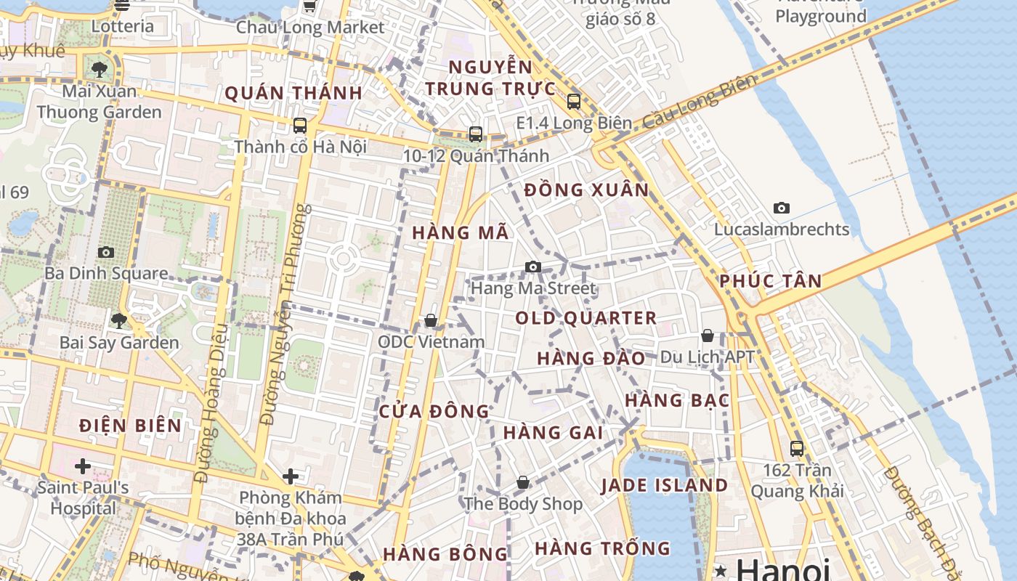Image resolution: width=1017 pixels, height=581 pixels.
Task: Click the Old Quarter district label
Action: [586, 318]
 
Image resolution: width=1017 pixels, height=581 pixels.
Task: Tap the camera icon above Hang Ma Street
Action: [533, 267]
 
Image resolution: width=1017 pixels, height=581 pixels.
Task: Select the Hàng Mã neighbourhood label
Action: [461, 233]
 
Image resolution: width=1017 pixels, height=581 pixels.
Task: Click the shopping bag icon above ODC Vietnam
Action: [431, 320]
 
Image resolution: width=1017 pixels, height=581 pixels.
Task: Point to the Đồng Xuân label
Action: [586, 190]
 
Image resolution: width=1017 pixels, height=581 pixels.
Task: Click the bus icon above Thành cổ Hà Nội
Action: [300, 126]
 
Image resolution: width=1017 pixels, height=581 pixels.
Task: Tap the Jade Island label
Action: [664, 486]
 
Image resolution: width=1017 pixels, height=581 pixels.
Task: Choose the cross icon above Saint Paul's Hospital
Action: [83, 466]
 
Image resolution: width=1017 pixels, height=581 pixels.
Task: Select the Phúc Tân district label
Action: [771, 282]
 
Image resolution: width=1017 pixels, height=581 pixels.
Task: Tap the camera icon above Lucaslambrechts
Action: [782, 208]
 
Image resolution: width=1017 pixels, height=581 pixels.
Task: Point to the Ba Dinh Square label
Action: [106, 274]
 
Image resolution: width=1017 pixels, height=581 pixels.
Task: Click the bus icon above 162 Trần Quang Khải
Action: [797, 449]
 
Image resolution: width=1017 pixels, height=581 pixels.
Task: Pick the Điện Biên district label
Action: [131, 426]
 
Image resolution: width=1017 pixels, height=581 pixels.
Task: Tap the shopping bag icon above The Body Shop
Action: [523, 482]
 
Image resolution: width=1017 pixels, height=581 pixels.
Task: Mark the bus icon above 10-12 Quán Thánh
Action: [476, 134]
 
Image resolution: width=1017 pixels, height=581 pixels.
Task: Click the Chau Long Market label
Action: [310, 28]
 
